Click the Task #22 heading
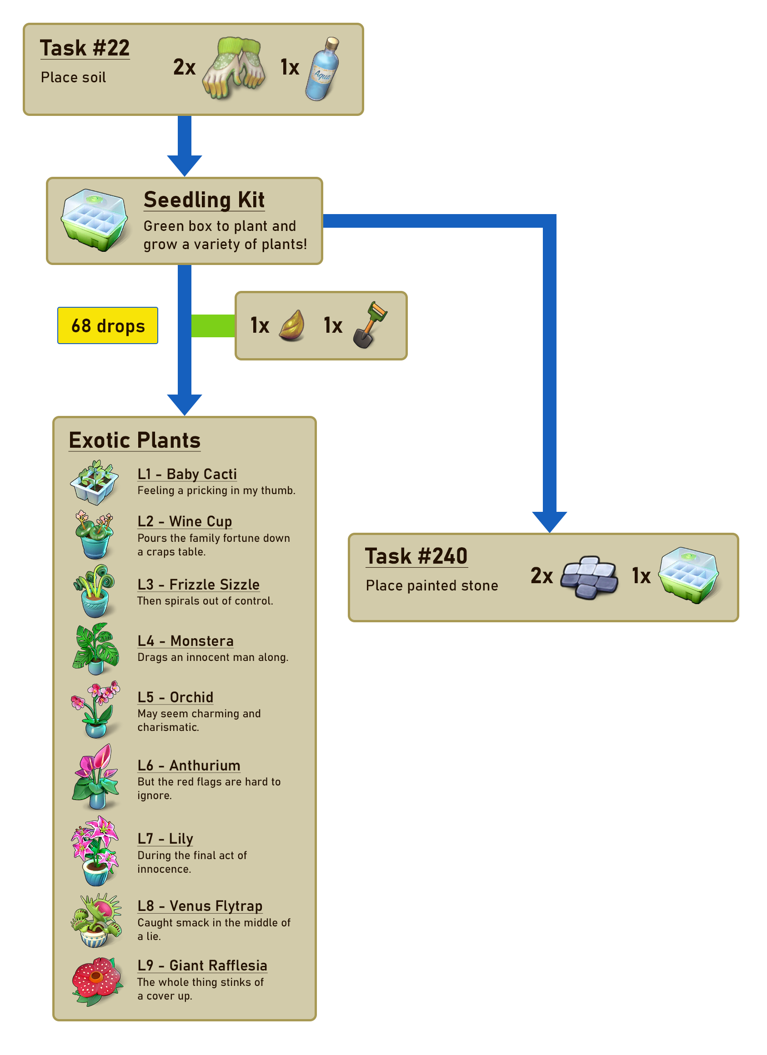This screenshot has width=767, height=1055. [85, 48]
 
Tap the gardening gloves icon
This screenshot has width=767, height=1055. [234, 68]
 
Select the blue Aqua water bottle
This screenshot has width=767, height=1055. [322, 68]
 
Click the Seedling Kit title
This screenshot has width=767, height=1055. [204, 200]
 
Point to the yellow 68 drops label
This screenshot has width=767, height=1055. [107, 325]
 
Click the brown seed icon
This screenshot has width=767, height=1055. [292, 325]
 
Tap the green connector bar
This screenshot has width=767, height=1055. [213, 325]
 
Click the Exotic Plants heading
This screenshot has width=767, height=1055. [135, 440]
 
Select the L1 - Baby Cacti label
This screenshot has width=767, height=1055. [187, 474]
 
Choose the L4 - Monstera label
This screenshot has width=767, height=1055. [185, 641]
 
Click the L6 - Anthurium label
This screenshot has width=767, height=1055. [189, 765]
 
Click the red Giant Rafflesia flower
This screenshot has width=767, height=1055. [96, 981]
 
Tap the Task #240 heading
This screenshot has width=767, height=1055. [416, 556]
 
